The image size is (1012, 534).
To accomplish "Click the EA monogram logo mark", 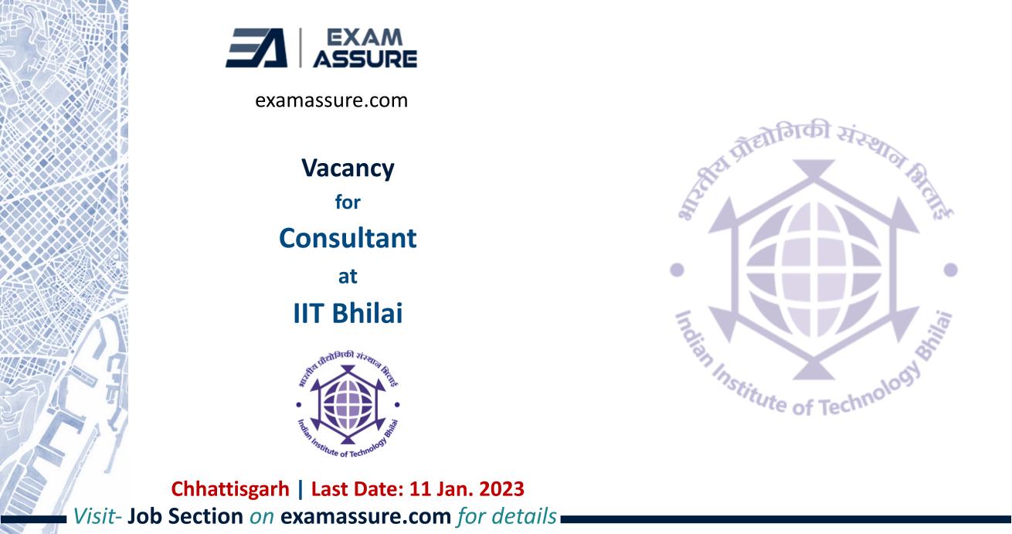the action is pyautogui.click(x=256, y=48).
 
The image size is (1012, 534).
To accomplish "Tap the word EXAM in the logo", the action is pyautogui.click(x=364, y=37).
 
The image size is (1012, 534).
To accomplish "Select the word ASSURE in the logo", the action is pyautogui.click(x=365, y=59).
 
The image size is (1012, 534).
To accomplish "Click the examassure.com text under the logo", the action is pyautogui.click(x=331, y=100).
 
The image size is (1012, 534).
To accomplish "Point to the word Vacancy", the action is pyautogui.click(x=348, y=168).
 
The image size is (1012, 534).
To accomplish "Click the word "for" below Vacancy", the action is pyautogui.click(x=348, y=202).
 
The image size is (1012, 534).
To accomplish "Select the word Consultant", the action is pyautogui.click(x=348, y=238).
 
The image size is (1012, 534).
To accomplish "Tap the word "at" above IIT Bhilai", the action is pyautogui.click(x=348, y=276).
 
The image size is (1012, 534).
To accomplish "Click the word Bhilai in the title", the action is pyautogui.click(x=367, y=313).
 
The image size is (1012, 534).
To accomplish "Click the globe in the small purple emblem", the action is pyautogui.click(x=348, y=404).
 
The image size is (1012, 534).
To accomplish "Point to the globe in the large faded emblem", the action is pyautogui.click(x=813, y=270).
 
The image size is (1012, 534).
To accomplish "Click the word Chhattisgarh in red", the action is pyautogui.click(x=230, y=489).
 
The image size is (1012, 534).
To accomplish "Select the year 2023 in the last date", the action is pyautogui.click(x=501, y=489).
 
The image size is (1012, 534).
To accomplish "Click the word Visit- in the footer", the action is pyautogui.click(x=97, y=516).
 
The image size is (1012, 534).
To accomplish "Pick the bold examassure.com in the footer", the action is pyautogui.click(x=365, y=516).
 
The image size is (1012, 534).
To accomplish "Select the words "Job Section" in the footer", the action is pyautogui.click(x=185, y=516).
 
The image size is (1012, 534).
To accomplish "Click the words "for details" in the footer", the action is pyautogui.click(x=507, y=516).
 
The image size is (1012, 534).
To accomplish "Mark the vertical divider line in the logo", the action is pyautogui.click(x=301, y=48).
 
